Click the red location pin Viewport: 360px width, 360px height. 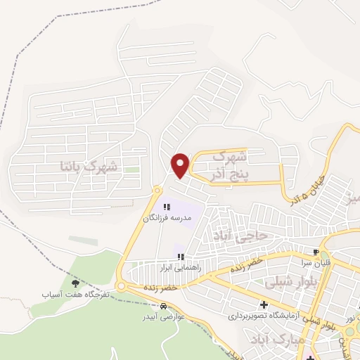(x=181, y=165)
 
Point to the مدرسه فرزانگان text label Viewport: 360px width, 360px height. (x=167, y=219)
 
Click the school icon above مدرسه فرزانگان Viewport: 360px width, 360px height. (x=167, y=207)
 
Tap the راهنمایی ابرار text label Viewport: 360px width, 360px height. (x=181, y=268)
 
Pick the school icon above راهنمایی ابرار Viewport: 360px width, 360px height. (x=181, y=257)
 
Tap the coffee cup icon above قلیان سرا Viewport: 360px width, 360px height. (x=316, y=251)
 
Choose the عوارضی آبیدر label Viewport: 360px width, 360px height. (x=163, y=317)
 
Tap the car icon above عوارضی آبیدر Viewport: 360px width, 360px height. (x=163, y=307)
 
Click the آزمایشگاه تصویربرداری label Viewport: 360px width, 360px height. (x=264, y=316)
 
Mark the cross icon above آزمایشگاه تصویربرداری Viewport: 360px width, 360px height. (x=264, y=305)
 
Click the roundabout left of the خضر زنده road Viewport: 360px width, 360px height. (x=122, y=287)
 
